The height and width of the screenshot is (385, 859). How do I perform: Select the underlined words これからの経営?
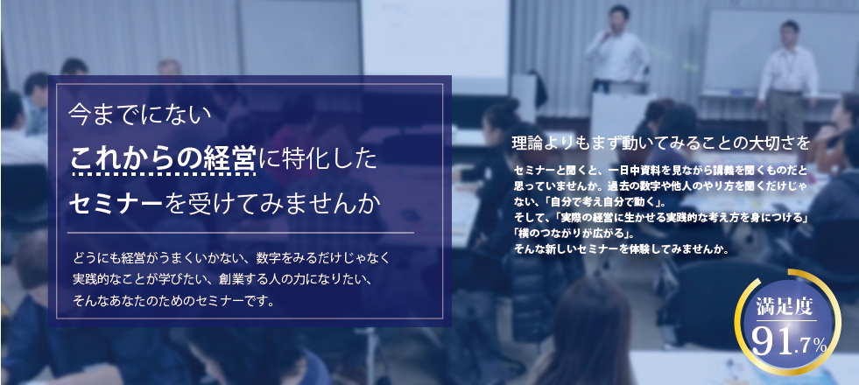click(x=163, y=159)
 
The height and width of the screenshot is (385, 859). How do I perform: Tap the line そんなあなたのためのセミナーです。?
click(x=174, y=302)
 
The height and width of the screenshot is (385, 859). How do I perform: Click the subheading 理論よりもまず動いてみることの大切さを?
click(x=661, y=140)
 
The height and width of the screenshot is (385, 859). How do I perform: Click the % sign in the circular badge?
click(x=820, y=346)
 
